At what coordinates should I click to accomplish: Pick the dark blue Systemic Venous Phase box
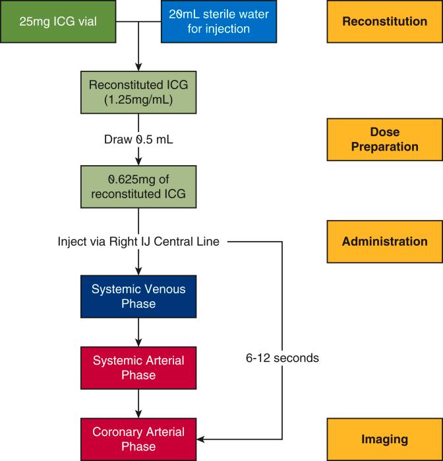(x=138, y=297)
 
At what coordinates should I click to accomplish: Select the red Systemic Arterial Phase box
(x=138, y=368)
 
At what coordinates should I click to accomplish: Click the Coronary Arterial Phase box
(x=138, y=439)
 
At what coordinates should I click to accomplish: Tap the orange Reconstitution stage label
(x=384, y=22)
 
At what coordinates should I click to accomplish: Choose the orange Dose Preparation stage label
(x=384, y=139)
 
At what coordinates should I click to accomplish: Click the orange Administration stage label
(x=384, y=242)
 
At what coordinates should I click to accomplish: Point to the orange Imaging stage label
(x=384, y=439)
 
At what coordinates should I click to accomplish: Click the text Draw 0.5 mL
(x=138, y=139)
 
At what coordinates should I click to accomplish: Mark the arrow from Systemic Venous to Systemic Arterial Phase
(x=138, y=332)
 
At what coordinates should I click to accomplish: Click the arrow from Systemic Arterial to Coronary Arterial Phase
(x=138, y=403)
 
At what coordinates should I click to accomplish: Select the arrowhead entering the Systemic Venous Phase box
(x=138, y=271)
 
